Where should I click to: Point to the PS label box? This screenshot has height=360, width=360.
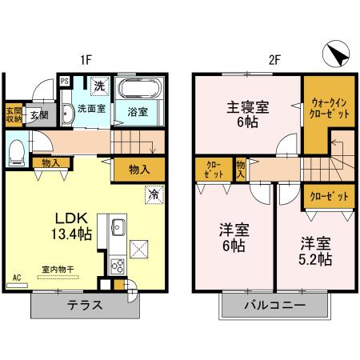pos(64,81)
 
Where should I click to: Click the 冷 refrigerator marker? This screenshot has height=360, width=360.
pos(152,193)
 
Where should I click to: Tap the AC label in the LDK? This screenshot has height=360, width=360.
pos(17,279)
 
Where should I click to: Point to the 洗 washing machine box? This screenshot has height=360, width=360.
pos(100,85)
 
